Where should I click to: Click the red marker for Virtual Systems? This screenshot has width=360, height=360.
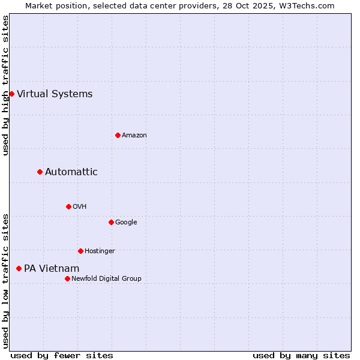pyautogui.click(x=11, y=94)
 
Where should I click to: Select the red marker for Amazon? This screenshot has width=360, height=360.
pyautogui.click(x=118, y=135)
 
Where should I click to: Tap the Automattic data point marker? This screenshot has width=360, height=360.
pyautogui.click(x=40, y=172)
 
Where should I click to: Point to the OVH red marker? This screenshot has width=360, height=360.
pyautogui.click(x=68, y=206)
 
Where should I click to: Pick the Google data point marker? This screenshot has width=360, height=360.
pyautogui.click(x=111, y=222)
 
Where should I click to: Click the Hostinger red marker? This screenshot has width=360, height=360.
pyautogui.click(x=80, y=251)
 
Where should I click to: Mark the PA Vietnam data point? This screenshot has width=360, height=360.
pyautogui.click(x=19, y=268)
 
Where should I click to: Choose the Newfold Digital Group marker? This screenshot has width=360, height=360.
pyautogui.click(x=67, y=278)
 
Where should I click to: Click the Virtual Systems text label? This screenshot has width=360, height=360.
pyautogui.click(x=55, y=94)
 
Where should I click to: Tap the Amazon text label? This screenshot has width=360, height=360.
pyautogui.click(x=134, y=135)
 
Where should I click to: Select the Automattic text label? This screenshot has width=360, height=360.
pyautogui.click(x=71, y=172)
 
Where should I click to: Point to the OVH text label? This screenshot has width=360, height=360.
pyautogui.click(x=80, y=206)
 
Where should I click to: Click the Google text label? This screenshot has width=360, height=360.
pyautogui.click(x=126, y=222)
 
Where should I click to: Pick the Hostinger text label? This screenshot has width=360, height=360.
pyautogui.click(x=100, y=251)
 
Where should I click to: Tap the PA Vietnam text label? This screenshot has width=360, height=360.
pyautogui.click(x=52, y=268)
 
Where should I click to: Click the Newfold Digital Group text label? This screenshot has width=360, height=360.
pyautogui.click(x=106, y=278)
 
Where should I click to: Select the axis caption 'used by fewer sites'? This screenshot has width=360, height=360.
pyautogui.click(x=62, y=355)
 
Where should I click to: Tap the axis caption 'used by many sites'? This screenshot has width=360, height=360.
pyautogui.click(x=301, y=355)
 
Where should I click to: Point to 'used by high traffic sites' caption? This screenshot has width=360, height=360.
pyautogui.click(x=5, y=85)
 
